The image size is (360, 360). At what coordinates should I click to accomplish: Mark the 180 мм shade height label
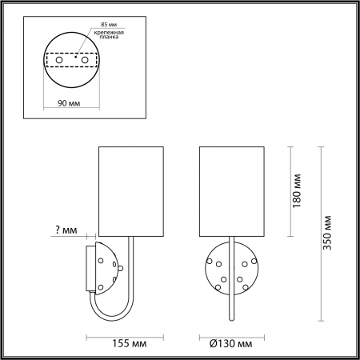[297, 190]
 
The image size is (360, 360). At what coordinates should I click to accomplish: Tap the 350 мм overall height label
[326, 236]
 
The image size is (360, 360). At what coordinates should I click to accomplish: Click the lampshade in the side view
[130, 190]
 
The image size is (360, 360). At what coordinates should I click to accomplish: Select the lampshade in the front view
[230, 190]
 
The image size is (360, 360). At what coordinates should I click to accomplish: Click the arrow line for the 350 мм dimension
[318, 236]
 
